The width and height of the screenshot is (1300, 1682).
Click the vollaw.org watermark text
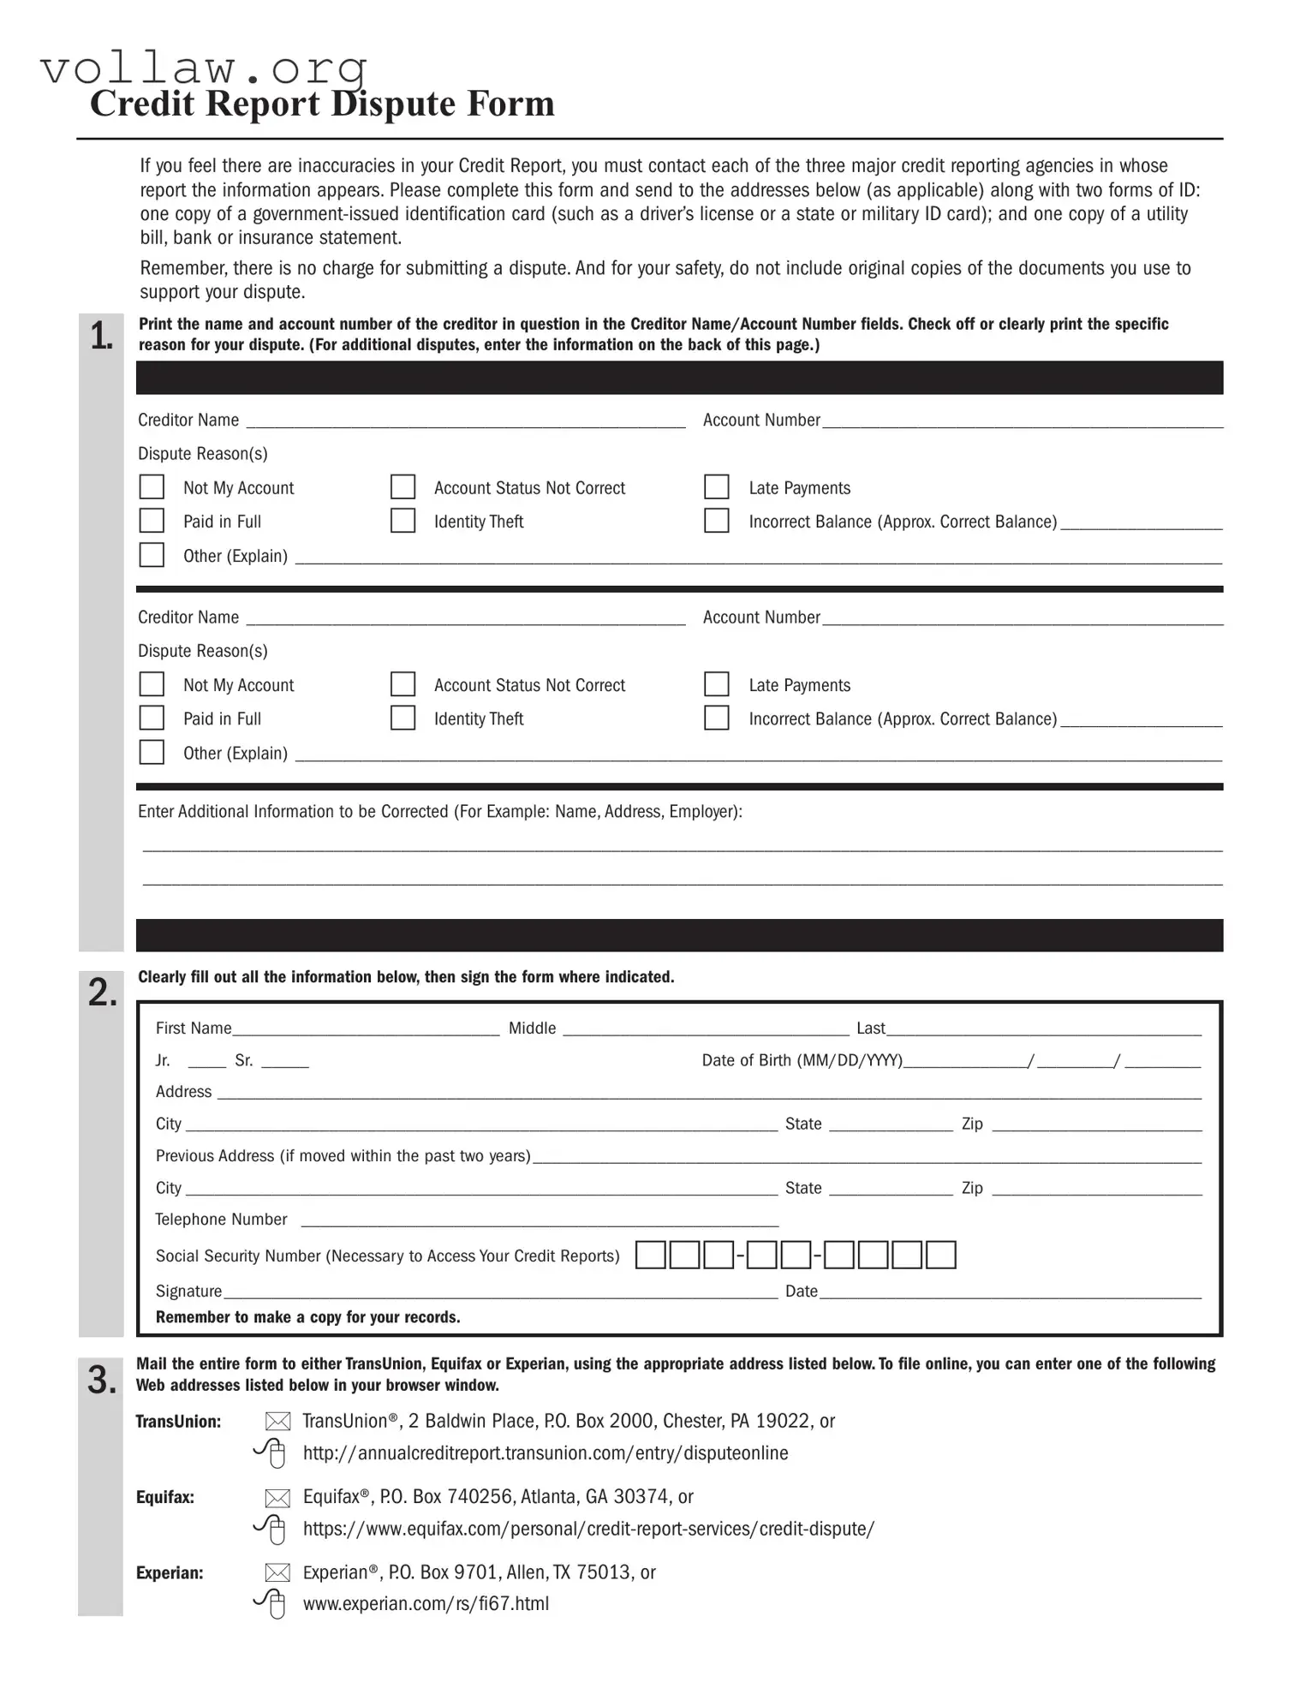coord(204,68)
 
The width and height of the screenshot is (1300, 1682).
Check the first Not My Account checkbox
coord(152,487)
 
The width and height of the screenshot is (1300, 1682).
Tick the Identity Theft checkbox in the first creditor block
coord(403,521)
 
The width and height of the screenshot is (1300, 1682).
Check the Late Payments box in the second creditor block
coord(716,684)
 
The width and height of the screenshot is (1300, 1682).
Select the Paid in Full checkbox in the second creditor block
coord(152,718)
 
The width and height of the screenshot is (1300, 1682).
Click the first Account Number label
coord(760,420)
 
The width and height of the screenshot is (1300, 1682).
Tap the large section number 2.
coord(102,993)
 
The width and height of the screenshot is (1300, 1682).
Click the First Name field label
coord(193,1029)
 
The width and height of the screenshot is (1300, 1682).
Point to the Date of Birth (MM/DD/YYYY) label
coord(802,1060)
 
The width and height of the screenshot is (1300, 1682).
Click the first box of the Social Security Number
coord(650,1256)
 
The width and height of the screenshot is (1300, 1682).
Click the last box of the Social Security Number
coord(940,1256)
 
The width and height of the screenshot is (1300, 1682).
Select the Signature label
coord(188,1291)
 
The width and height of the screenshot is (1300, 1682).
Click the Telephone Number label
coord(221,1220)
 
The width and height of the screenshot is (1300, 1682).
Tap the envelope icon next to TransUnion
coord(277,1422)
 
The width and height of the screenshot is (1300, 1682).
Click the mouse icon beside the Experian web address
coord(271,1603)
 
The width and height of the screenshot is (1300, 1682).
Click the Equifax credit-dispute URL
coord(588,1529)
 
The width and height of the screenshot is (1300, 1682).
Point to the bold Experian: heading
coord(170,1572)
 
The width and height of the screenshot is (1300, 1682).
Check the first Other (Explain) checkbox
coord(152,555)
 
